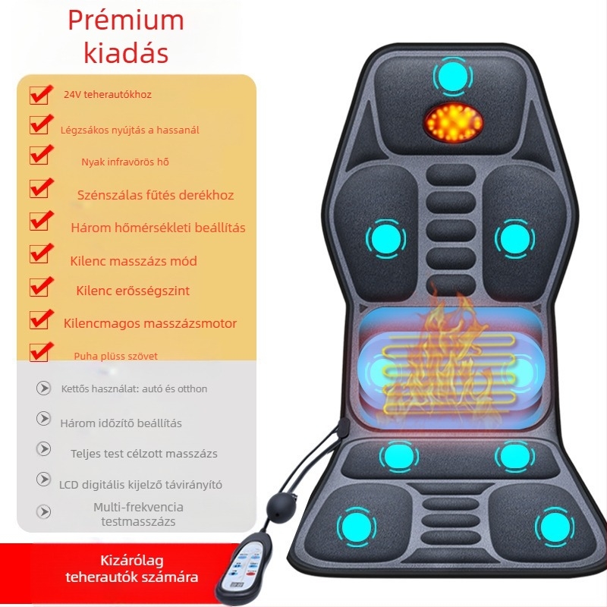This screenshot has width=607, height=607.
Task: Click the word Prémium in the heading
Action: pos(126,20)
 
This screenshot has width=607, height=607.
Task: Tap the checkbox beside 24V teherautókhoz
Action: pos(40,95)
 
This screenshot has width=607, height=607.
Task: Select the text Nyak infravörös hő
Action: pos(125,162)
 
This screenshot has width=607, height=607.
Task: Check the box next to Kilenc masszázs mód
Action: pos(40,253)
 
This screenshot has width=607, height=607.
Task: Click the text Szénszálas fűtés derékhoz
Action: pos(156,195)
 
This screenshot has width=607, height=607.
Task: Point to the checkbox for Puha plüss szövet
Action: pos(40,352)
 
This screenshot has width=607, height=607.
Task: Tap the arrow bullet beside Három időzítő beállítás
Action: pos(43,419)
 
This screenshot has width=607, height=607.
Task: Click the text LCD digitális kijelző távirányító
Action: pos(140,484)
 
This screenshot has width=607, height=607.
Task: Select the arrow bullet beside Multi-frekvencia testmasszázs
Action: pos(43,511)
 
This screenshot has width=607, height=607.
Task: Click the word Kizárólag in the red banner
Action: pos(131,560)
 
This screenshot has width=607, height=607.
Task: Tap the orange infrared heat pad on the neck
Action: pos(452,121)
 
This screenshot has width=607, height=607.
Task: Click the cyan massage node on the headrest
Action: pos(452,77)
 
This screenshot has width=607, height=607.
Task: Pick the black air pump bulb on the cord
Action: pos(281,505)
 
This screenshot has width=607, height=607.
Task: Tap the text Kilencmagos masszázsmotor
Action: pos(150,323)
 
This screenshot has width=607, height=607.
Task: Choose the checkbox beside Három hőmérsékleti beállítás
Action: pos(40,221)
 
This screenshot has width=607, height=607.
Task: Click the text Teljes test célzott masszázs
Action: pos(144,453)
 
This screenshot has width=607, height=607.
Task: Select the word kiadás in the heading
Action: pos(126,52)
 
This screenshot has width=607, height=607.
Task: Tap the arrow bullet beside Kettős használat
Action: pos(43,388)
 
